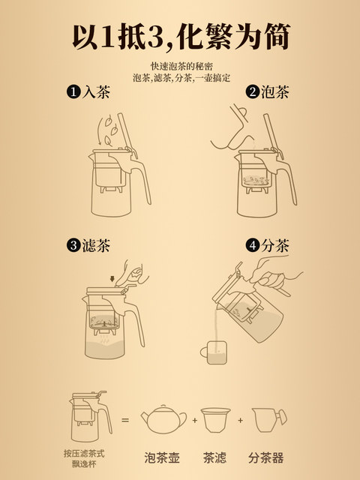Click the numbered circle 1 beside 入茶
click(x=73, y=91)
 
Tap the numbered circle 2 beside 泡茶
click(x=253, y=91)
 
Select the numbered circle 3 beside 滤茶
click(x=73, y=245)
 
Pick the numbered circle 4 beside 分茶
click(x=253, y=245)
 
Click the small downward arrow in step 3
click(x=112, y=278)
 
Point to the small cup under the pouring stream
click(x=214, y=352)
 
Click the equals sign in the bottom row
click(x=125, y=420)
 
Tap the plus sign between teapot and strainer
click(x=195, y=420)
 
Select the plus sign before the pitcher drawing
click(x=240, y=420)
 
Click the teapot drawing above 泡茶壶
click(x=163, y=419)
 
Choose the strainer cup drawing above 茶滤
click(x=215, y=420)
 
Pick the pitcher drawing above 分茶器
click(x=269, y=420)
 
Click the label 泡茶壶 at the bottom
click(x=162, y=457)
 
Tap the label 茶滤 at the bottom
click(x=215, y=457)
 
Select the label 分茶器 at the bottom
click(x=266, y=457)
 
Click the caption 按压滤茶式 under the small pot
click(x=84, y=453)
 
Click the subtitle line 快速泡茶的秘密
click(x=181, y=66)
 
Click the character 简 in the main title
click(x=277, y=36)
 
